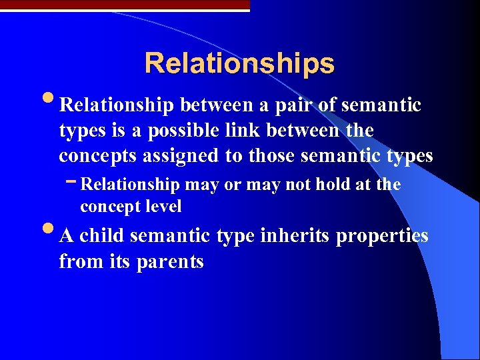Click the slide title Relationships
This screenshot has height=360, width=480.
[239, 63]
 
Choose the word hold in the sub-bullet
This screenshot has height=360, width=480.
[321, 185]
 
